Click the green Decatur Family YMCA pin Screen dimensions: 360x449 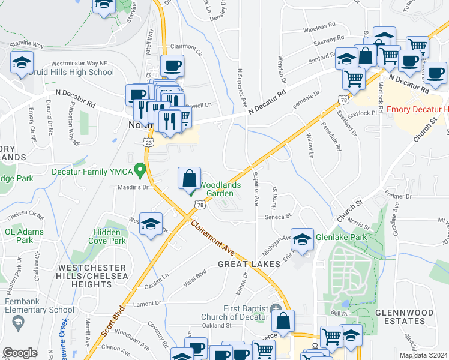click(140, 171)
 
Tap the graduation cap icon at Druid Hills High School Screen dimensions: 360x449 click(22, 62)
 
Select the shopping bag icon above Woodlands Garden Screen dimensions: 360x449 click(189, 178)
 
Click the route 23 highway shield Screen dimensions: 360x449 click(149, 142)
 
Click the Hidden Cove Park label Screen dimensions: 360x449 click(109, 236)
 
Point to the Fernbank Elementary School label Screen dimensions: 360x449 click(40, 305)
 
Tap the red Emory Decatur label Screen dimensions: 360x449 click(417, 109)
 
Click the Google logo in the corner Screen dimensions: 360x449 click(20, 353)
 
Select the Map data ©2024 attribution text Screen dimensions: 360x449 click(423, 355)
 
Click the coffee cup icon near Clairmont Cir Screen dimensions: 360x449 click(172, 65)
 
